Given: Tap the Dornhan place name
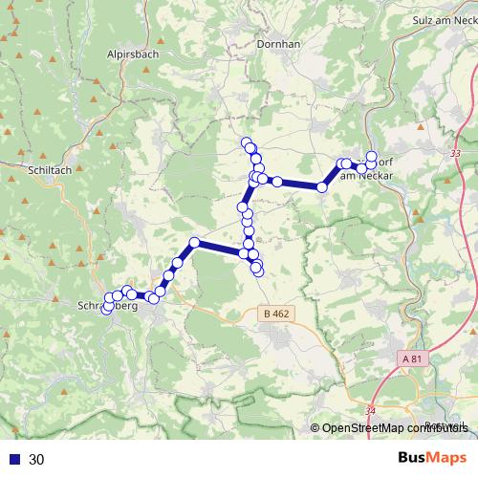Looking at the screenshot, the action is coord(280,44).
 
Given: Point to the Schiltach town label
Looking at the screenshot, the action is coord(51,169).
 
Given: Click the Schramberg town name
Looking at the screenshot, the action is coord(106,307).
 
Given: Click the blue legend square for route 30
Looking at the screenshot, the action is coord(13,459).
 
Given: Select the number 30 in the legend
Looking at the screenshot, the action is coord(37,459).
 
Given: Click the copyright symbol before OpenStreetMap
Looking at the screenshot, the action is coord(315,429).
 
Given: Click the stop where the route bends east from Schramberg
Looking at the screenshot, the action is coord(194,243).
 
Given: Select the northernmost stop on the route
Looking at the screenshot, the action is coord(247,143).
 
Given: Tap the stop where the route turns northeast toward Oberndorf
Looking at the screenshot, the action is coord(322,187).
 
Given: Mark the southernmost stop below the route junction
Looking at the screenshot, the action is coord(258,274).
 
